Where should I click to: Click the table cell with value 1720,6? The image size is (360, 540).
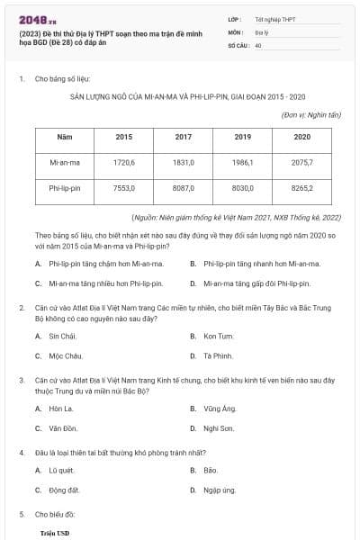(124, 163)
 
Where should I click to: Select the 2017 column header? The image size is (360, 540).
(184, 137)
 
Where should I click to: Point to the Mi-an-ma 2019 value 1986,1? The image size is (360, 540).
(243, 163)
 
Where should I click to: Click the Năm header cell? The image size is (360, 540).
(65, 137)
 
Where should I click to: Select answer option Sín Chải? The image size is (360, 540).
(62, 336)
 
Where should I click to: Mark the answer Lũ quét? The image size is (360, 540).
(61, 470)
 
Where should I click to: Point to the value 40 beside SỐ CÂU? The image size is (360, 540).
(258, 44)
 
